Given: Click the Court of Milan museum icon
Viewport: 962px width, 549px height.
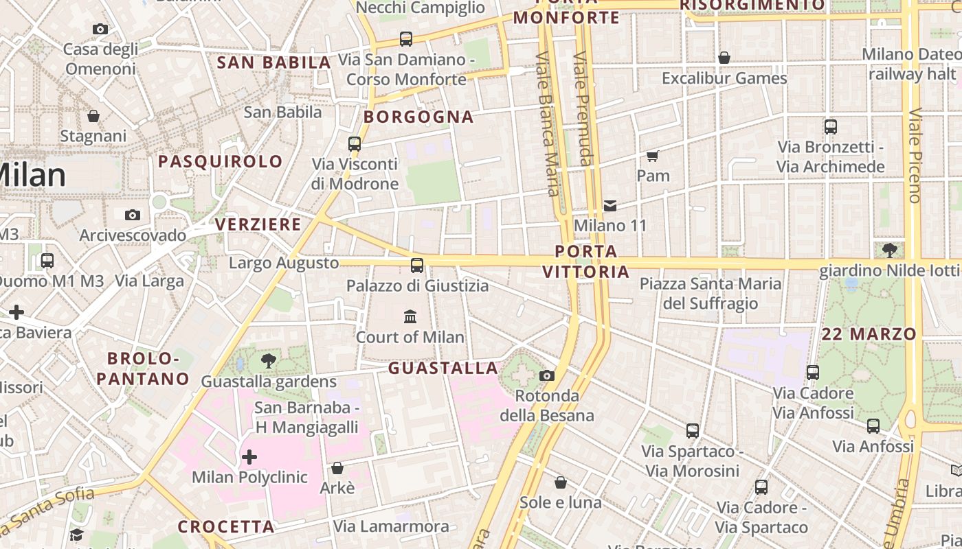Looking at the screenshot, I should click(x=410, y=316).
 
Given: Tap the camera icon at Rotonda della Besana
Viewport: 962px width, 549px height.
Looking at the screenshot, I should click(x=547, y=375).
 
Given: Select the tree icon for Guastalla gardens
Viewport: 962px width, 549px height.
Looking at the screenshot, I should click(x=269, y=361).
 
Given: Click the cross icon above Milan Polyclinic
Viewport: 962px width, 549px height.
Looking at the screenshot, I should click(x=249, y=456).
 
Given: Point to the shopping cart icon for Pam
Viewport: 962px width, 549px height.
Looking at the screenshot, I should click(x=653, y=156).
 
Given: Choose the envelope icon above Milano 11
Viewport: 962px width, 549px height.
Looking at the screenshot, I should click(x=609, y=205).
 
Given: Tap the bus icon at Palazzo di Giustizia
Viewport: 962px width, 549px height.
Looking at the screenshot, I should click(x=417, y=266).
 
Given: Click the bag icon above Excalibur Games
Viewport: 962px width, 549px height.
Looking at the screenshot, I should click(x=724, y=58).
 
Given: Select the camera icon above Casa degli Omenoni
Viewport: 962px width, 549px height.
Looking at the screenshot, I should click(x=100, y=29).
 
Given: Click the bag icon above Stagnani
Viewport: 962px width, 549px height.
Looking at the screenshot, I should click(x=93, y=116).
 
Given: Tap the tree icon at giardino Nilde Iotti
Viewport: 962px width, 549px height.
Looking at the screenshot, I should click(x=890, y=250).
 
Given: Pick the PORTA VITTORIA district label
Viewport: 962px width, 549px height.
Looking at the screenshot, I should click(x=586, y=261).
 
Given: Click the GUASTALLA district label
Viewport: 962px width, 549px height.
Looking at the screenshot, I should click(x=443, y=369).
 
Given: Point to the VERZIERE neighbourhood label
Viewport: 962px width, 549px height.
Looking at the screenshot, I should click(x=258, y=224).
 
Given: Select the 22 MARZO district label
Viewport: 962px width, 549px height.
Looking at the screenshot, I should click(x=869, y=334).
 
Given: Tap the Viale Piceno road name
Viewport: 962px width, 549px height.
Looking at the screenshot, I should click(x=915, y=155).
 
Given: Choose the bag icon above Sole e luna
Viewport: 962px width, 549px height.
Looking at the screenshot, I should click(x=561, y=482).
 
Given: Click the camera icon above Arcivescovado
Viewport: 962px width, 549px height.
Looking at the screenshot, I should click(x=133, y=215).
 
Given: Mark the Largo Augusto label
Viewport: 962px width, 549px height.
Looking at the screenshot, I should click(x=284, y=263).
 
